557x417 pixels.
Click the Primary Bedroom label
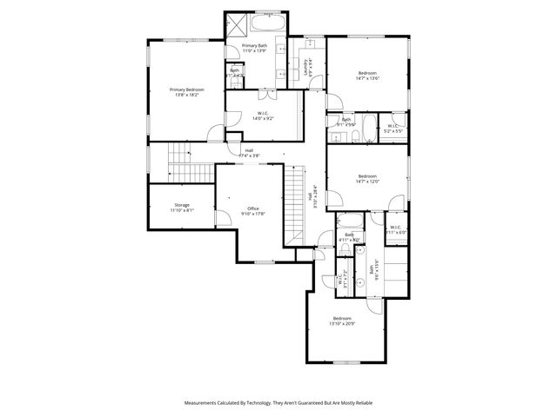click(187, 90)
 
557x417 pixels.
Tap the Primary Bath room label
click(256, 46)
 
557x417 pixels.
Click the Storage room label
click(182, 205)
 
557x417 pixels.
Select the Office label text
click(253, 208)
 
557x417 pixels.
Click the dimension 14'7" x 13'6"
click(367, 78)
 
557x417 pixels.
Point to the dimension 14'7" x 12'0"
click(367, 182)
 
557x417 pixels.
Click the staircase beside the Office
click(297, 204)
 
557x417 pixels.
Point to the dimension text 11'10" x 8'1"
click(182, 210)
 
